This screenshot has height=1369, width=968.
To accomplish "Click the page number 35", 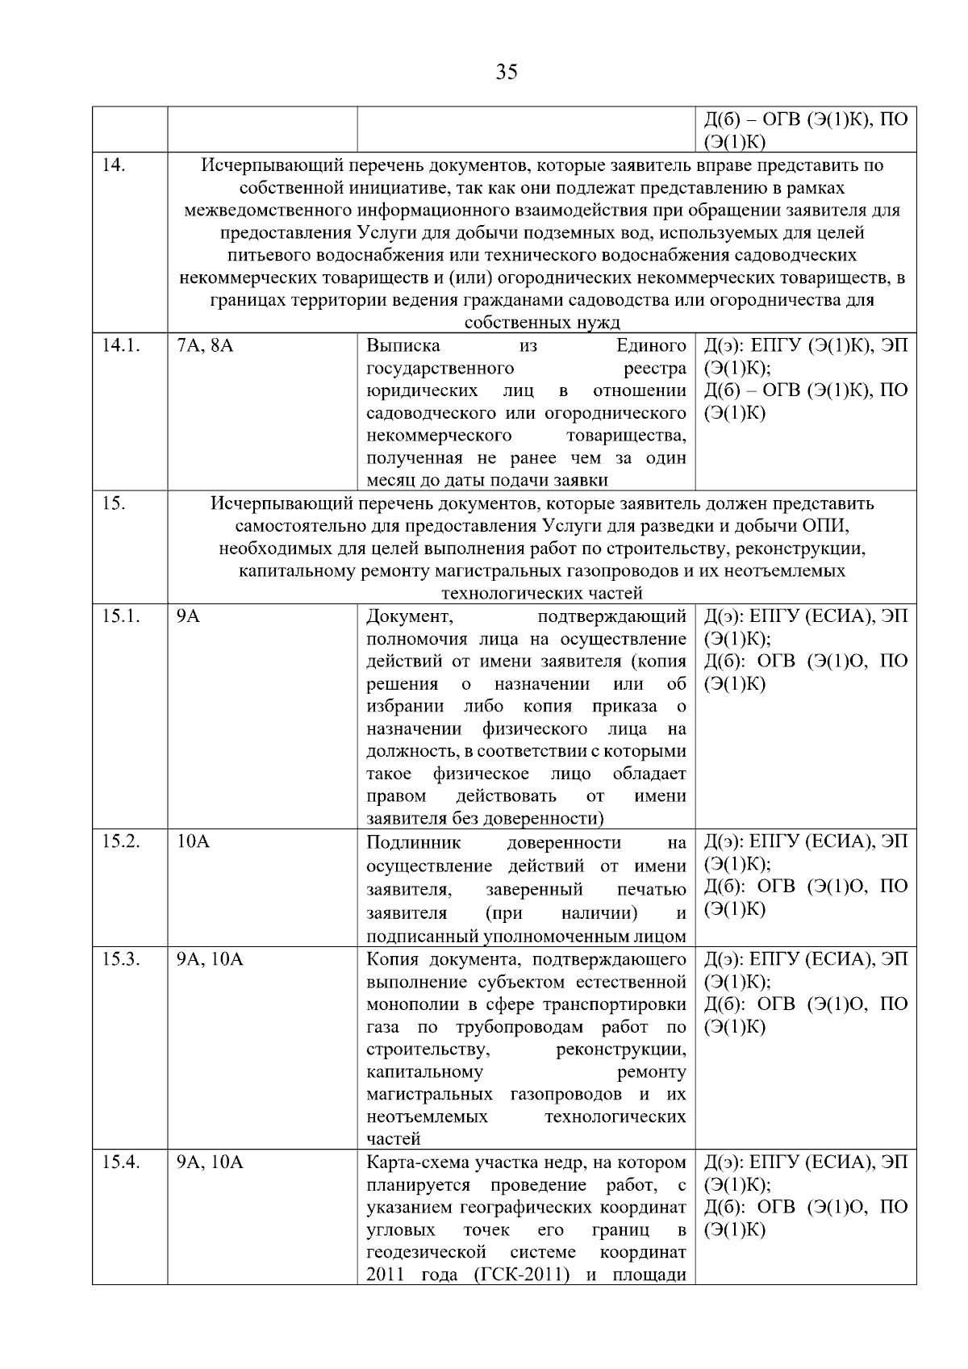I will pos(507,72).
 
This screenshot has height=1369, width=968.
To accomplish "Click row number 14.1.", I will pos(121,345).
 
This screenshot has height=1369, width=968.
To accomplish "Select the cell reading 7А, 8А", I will pos(205,345).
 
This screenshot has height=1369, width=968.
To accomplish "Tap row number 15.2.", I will pos(121,842).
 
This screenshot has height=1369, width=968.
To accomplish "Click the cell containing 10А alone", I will pos(193,842).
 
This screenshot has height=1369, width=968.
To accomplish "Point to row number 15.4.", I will pos(121,1162).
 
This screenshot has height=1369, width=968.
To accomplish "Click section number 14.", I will pos(114,165).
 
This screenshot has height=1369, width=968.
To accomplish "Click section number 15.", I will pos(114,503).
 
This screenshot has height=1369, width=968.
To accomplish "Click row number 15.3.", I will pos(121,959).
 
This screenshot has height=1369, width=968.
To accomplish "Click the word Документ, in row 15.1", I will pos(410,616).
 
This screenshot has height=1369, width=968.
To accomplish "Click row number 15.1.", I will pos(121,616).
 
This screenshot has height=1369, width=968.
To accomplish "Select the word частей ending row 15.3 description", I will pos(394,1139).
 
